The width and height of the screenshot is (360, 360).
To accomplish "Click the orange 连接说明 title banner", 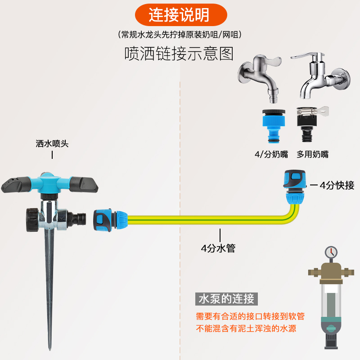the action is [180, 15].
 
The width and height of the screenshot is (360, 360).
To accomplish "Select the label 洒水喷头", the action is [52, 144].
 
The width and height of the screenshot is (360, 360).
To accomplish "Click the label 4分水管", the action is [218, 248].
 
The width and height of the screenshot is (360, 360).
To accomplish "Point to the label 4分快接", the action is [337, 185].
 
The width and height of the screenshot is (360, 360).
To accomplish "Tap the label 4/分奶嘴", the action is [271, 154].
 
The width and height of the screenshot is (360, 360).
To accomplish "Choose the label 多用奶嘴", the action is [312, 154].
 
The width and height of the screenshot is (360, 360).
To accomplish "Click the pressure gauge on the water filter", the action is [331, 252].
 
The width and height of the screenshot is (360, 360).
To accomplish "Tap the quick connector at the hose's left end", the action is [108, 219].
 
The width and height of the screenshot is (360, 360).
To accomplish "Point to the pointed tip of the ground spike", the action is [49, 346].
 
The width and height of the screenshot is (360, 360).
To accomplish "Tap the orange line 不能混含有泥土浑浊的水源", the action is [246, 328].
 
